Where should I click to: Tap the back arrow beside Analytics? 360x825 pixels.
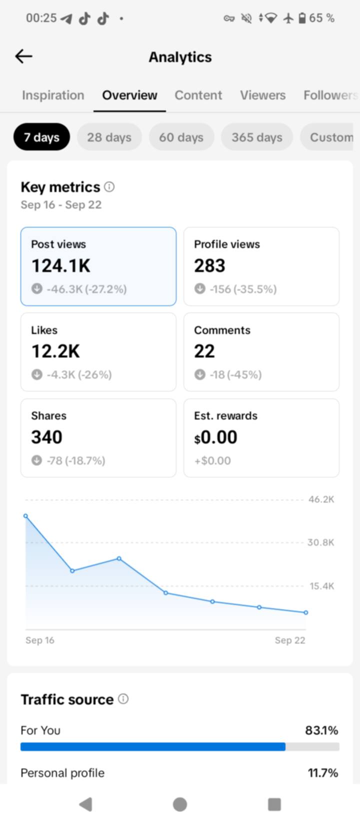click(x=24, y=56)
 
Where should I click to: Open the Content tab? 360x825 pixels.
click(x=198, y=95)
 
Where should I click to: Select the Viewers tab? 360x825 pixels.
click(x=262, y=95)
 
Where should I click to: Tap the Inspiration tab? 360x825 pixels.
click(x=53, y=95)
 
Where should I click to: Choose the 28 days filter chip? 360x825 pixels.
click(x=109, y=137)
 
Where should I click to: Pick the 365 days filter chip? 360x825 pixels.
click(x=257, y=137)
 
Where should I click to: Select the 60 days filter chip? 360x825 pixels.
click(x=181, y=137)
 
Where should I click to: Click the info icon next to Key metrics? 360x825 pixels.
click(x=109, y=186)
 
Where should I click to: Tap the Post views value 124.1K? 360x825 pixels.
click(x=61, y=265)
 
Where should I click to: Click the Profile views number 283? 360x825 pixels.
click(x=209, y=265)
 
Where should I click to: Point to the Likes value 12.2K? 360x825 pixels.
click(x=55, y=351)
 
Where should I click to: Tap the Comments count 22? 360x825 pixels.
click(x=204, y=351)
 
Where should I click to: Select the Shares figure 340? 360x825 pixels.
click(x=47, y=437)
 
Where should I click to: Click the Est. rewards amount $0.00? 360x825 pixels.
click(x=216, y=437)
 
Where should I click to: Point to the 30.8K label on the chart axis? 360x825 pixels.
click(x=321, y=542)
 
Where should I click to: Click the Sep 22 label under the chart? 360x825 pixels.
click(x=290, y=640)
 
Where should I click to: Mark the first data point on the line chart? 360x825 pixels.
click(x=26, y=516)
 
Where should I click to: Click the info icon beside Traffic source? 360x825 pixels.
click(x=123, y=698)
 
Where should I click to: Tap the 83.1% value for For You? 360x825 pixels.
click(x=321, y=730)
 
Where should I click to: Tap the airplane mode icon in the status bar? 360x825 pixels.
click(x=288, y=18)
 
